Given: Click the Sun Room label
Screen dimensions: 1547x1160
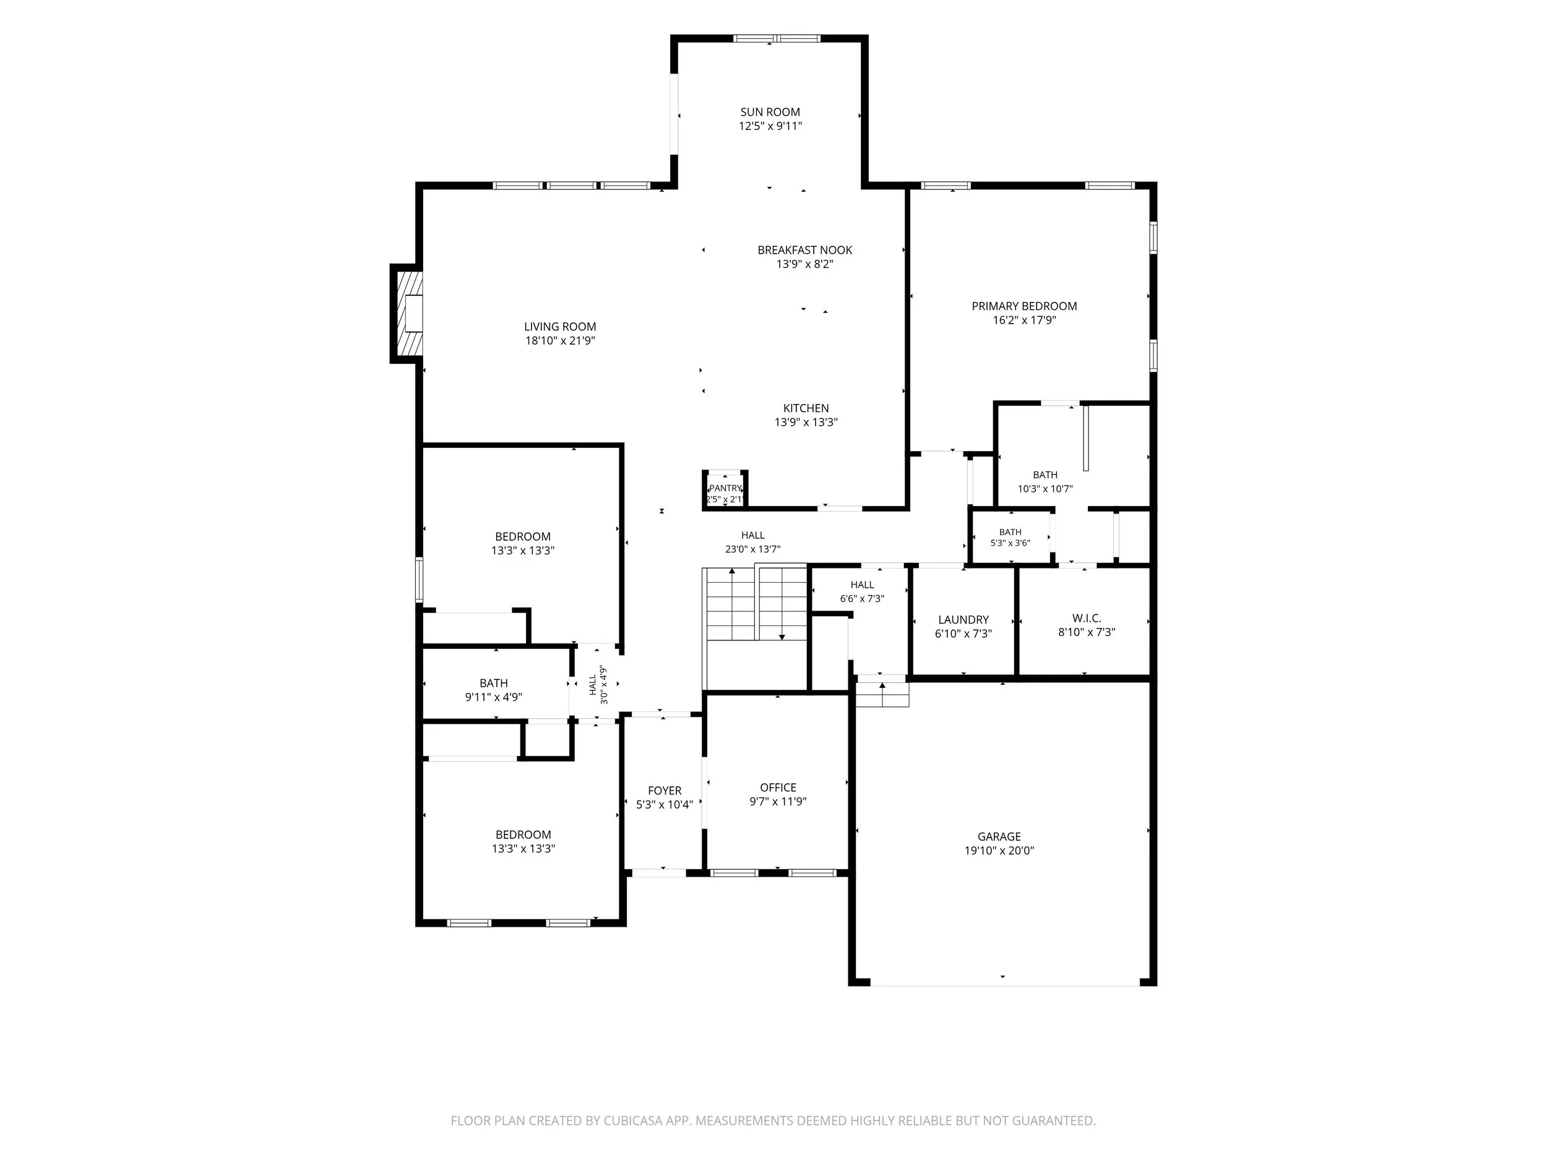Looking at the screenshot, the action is (770, 112).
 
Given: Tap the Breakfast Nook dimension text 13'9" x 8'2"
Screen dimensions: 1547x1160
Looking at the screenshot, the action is (805, 264).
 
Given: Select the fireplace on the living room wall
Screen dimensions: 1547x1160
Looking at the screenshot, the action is (407, 313).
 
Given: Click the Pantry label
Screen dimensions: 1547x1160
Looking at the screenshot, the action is (725, 488).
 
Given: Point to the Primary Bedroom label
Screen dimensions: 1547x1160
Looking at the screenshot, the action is (1024, 306).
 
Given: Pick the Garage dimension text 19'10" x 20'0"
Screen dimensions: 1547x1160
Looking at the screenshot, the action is (999, 851).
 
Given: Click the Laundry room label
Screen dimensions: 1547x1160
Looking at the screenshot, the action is (963, 619).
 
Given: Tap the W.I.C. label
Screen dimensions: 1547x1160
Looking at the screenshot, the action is (1086, 618).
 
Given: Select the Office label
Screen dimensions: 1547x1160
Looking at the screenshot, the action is (778, 788).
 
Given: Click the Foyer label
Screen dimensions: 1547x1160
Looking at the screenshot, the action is (665, 791).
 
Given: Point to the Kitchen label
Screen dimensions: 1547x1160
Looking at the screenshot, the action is (806, 408).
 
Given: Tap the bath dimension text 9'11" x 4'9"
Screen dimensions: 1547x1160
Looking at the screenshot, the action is (493, 697).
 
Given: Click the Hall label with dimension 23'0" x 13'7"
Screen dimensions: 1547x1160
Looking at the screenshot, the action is (752, 536).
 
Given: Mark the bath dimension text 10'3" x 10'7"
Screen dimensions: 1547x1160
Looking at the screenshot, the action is (1045, 489).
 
